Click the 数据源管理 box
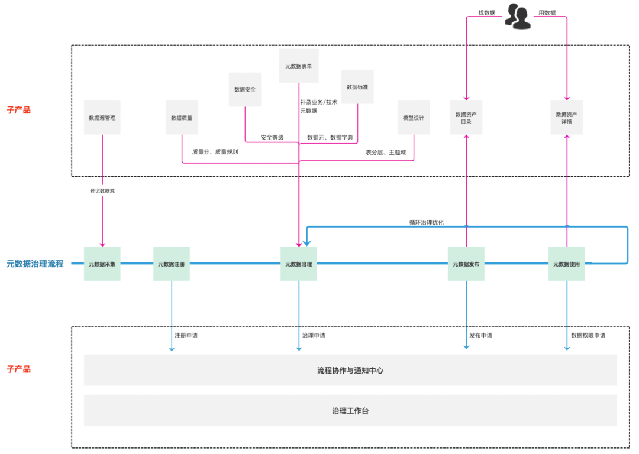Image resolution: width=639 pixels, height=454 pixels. (x=102, y=118)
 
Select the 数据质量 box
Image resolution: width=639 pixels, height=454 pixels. (x=182, y=118)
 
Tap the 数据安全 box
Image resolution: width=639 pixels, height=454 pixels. (x=245, y=90)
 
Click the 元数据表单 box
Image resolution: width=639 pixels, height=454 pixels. (x=299, y=66)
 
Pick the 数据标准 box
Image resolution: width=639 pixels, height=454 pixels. (x=357, y=87)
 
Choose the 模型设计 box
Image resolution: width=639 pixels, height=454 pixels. (x=414, y=118)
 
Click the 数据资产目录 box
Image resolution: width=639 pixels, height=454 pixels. (x=466, y=118)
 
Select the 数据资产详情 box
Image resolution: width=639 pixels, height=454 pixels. (x=567, y=118)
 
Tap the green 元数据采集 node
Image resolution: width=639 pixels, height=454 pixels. (x=102, y=264)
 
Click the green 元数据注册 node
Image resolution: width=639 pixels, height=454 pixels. (x=172, y=264)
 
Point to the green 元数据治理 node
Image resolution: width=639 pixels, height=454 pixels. (x=299, y=264)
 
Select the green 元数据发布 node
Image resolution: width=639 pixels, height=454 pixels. (x=466, y=264)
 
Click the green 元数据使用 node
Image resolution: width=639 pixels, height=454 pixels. (x=567, y=264)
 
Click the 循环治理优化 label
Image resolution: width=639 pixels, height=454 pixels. (x=426, y=223)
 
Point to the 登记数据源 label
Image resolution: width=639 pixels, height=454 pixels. (x=102, y=191)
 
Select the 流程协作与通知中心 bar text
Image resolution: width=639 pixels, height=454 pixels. (x=350, y=371)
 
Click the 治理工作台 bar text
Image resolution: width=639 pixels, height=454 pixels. (x=350, y=411)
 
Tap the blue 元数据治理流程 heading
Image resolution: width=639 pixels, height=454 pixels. (x=35, y=264)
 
